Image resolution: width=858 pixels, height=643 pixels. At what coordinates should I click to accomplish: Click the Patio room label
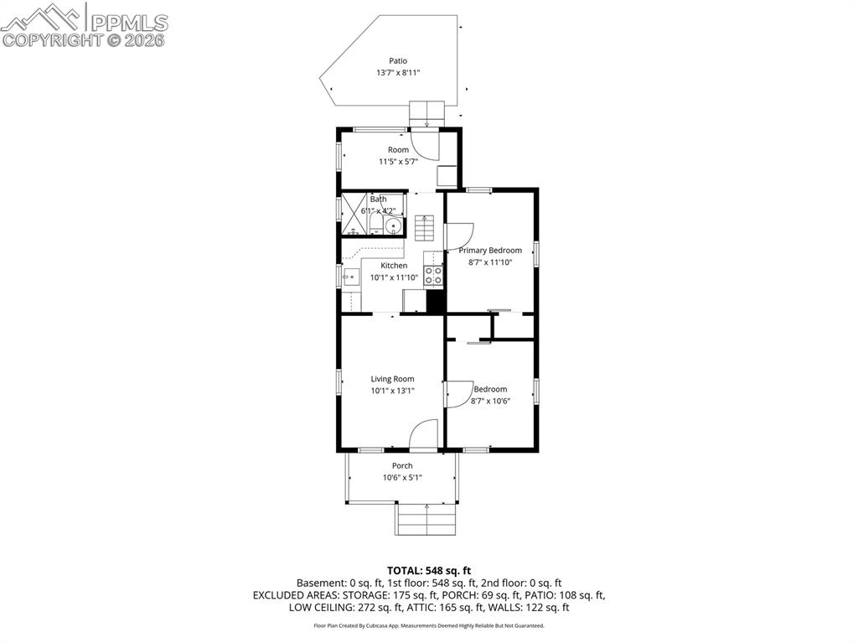click(398, 61)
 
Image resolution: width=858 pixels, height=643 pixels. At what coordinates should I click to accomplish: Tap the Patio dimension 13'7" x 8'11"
click(398, 72)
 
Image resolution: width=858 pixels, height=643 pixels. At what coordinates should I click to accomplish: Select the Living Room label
click(392, 378)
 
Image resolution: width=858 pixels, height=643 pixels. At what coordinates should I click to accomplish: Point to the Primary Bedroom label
click(489, 251)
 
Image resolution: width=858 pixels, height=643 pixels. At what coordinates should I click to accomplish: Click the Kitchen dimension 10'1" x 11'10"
click(394, 277)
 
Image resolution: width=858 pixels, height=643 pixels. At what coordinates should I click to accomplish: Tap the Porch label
click(402, 465)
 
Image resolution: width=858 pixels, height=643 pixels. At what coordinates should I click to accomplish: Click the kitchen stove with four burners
click(433, 276)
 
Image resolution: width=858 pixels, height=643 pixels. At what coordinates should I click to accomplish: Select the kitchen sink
click(350, 277)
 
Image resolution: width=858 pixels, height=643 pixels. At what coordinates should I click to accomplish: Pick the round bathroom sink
click(392, 226)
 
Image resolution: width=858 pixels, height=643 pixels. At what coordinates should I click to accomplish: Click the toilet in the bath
click(375, 225)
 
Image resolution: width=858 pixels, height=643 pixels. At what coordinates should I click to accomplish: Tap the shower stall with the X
click(354, 214)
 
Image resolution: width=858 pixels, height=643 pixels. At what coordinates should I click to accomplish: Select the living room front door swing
click(423, 434)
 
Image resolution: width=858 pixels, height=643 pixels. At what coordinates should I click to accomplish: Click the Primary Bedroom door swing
click(460, 236)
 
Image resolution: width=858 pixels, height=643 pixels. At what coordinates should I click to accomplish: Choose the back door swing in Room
click(425, 144)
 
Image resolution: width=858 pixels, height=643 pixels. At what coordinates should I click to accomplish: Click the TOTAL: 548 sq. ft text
click(429, 571)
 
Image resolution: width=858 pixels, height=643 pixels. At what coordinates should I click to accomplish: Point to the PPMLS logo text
click(129, 23)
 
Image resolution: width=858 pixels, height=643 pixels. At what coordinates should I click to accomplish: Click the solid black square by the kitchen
click(436, 301)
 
